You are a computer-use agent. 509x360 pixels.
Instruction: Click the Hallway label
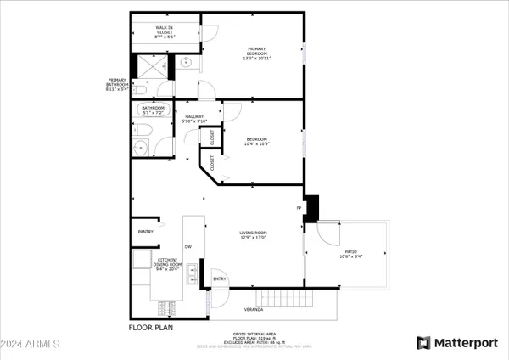pos(193,119)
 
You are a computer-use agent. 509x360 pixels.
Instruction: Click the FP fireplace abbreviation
pos(299,207)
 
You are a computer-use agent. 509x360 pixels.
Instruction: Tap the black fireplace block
pos(311,208)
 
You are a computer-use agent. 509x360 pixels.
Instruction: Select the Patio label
pos(349,252)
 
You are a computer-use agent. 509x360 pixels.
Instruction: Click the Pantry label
pos(145,230)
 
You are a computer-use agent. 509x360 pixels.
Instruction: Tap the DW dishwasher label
pos(188,247)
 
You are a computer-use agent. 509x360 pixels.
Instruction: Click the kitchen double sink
pos(193,274)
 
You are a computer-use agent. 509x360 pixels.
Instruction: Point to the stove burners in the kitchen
pos(166,307)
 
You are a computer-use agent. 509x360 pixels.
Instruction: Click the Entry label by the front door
pos(219,278)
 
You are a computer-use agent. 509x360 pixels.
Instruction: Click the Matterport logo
pos(456,342)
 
